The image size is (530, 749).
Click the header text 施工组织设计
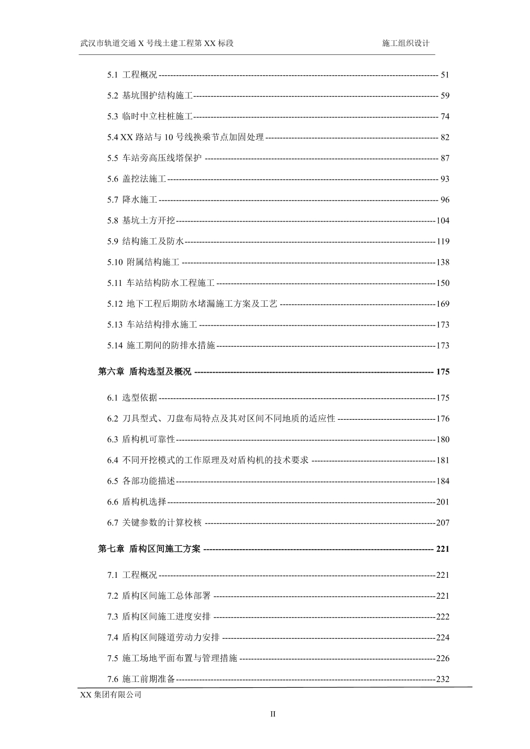[x=405, y=43]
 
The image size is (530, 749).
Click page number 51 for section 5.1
[x=445, y=75]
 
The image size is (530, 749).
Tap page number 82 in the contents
[x=445, y=138]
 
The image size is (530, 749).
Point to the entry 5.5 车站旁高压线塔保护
[x=154, y=158]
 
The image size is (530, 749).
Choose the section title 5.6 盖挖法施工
[x=137, y=179]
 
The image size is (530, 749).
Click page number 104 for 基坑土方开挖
[x=443, y=221]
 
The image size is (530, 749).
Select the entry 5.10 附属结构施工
[x=143, y=262]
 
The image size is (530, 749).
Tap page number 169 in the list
[x=443, y=304]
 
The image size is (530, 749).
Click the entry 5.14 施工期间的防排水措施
[x=161, y=345]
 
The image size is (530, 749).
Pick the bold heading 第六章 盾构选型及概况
[x=145, y=372]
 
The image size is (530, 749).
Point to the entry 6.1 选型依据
[x=132, y=398]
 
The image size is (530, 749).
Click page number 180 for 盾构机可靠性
[x=443, y=440]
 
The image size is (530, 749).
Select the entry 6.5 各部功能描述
[x=141, y=481]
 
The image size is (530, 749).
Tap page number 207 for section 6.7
[x=443, y=523]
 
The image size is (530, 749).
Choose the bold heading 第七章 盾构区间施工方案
[x=149, y=549]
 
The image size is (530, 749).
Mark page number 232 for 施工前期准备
[x=443, y=679]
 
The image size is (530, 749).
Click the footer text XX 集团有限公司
[x=111, y=695]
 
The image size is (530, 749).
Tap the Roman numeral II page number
[x=272, y=713]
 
